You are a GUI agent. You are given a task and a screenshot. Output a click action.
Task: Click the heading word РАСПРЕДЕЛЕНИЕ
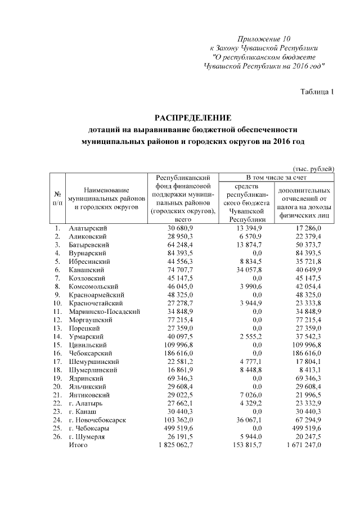coord(193,118)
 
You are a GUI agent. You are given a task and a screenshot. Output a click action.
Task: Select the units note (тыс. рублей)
coord(314,169)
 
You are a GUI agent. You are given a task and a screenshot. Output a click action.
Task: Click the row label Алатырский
coord(88,228)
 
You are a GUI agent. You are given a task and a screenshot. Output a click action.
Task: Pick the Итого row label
coord(78,445)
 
